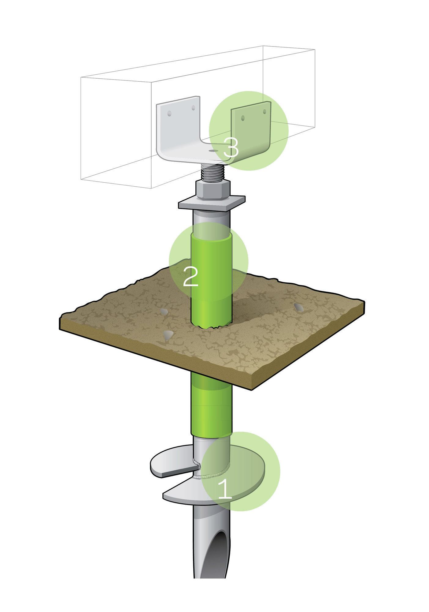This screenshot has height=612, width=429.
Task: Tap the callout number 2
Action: pos(191,276)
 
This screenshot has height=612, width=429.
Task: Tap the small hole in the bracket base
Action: pos(212,151)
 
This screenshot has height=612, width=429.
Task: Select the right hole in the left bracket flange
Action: pos(193,108)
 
